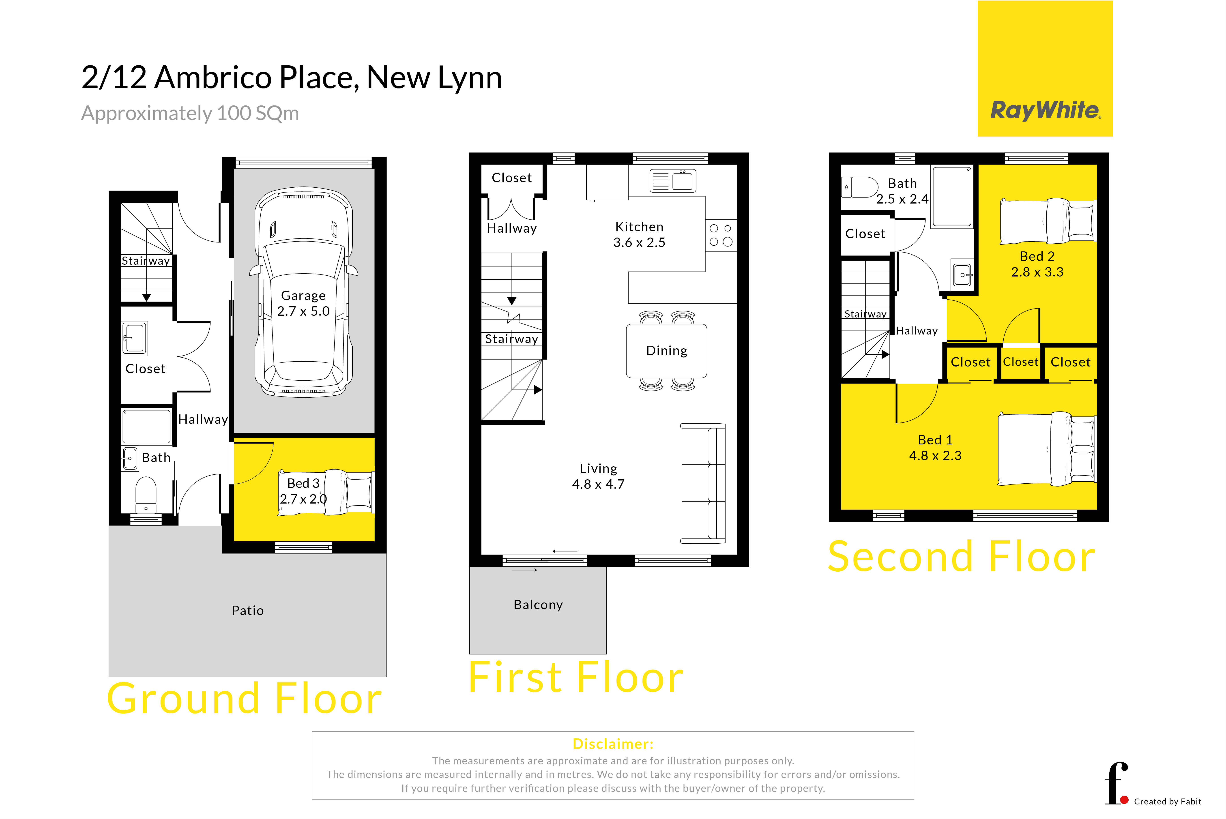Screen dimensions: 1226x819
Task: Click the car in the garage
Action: point(303,292)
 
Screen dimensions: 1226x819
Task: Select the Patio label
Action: point(248,611)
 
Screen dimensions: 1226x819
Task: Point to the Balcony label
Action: point(538,605)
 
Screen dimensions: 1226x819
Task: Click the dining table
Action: point(667,350)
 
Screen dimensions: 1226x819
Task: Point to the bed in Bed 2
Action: point(1047,221)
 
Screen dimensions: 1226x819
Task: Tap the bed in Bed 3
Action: point(325,493)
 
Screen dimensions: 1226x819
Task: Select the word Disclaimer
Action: point(613,744)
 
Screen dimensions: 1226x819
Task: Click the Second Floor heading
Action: point(961,557)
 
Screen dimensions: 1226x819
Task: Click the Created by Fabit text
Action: point(1168,801)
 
